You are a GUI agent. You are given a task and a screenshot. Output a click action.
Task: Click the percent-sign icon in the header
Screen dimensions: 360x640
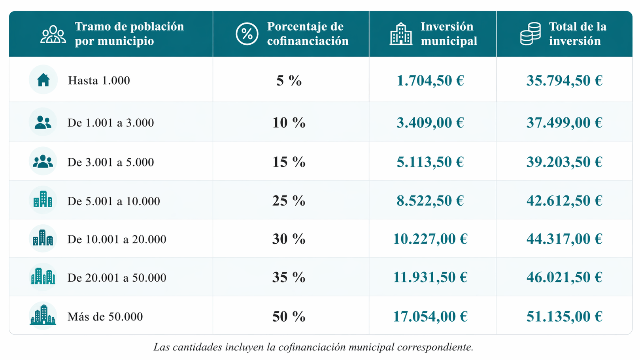click(x=247, y=34)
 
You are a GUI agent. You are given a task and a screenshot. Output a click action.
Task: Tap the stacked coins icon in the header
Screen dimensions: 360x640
click(x=530, y=34)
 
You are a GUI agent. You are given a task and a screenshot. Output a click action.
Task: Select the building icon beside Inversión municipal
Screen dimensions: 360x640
click(x=400, y=34)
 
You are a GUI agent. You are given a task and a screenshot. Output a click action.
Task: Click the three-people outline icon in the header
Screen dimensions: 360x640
click(x=53, y=34)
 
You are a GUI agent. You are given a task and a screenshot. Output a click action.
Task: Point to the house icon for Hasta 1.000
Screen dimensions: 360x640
click(x=43, y=80)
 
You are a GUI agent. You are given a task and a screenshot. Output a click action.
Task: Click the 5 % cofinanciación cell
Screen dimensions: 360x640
click(x=289, y=81)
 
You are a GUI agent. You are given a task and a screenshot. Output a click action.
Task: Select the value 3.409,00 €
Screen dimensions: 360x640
click(x=430, y=123)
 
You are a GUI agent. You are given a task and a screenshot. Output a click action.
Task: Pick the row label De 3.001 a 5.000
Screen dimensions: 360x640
click(x=111, y=162)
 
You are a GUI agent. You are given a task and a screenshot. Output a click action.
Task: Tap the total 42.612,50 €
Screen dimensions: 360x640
click(x=564, y=201)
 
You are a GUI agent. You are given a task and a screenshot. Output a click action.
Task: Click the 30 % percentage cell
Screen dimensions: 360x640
click(x=289, y=239)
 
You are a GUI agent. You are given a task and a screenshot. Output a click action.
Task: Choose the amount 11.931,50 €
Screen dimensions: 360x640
click(x=430, y=277)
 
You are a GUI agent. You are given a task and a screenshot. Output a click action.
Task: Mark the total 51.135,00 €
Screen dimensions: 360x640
click(x=564, y=316)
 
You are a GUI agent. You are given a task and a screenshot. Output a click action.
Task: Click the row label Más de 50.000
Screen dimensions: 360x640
click(x=105, y=316)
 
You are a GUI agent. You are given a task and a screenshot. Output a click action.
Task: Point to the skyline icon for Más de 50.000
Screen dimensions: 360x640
click(x=43, y=315)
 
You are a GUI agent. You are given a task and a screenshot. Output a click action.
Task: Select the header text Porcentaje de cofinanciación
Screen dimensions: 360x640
click(x=308, y=34)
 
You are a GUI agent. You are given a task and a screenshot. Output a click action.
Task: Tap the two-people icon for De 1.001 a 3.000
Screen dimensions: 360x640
click(x=43, y=122)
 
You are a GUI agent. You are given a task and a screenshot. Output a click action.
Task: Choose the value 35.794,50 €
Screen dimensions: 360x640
click(x=564, y=81)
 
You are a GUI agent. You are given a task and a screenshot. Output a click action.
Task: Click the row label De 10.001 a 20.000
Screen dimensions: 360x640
click(x=117, y=239)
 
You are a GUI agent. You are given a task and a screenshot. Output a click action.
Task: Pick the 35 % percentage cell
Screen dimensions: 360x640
click(x=289, y=277)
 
